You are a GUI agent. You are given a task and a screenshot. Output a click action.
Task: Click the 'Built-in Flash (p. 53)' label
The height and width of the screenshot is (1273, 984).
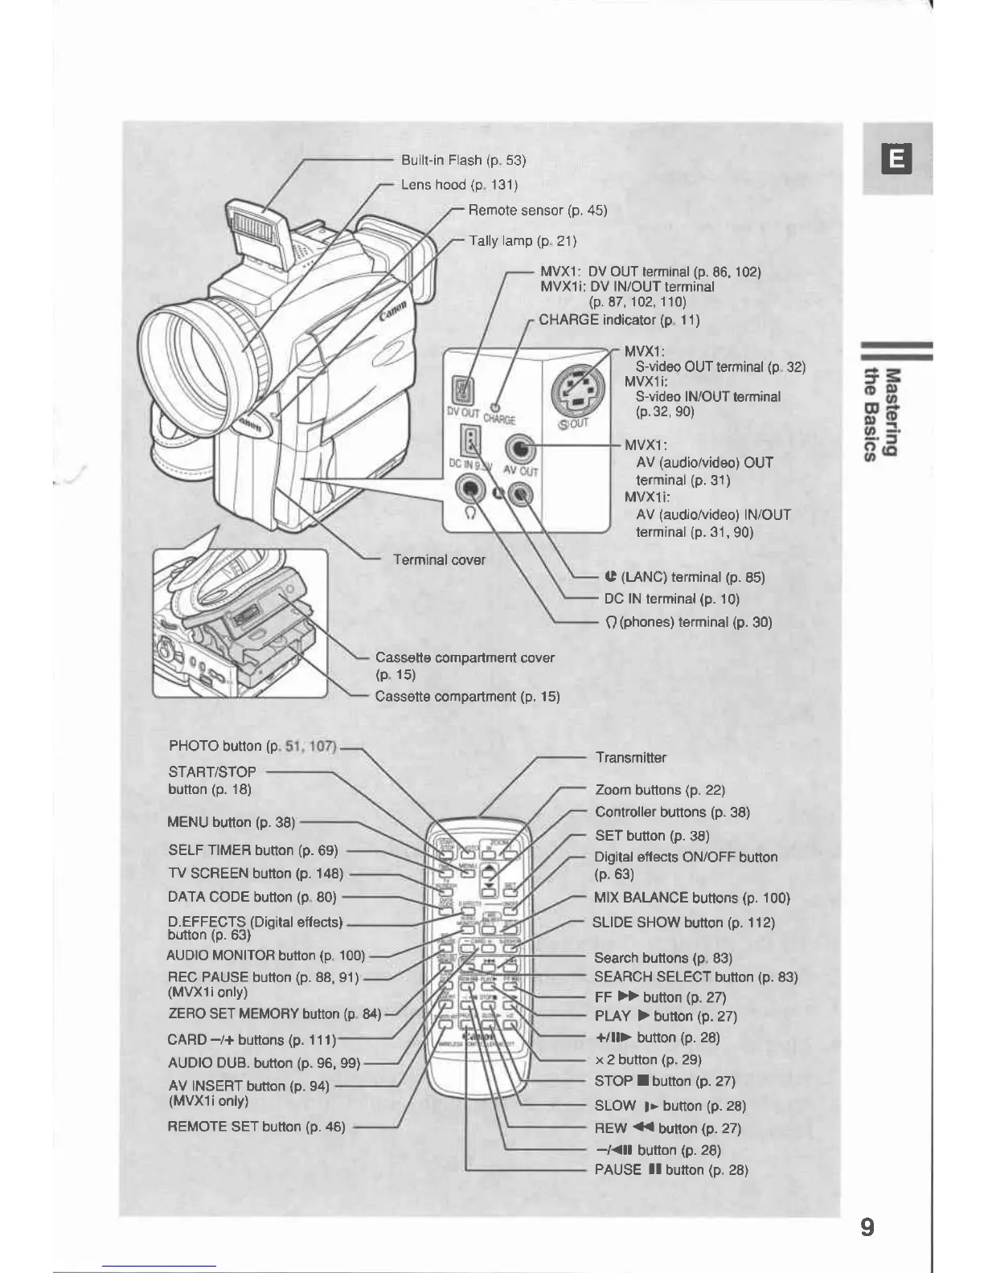(463, 160)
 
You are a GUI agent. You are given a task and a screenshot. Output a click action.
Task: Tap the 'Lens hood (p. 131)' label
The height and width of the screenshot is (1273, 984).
(459, 185)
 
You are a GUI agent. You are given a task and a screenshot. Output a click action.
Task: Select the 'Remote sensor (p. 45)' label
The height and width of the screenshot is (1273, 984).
(537, 211)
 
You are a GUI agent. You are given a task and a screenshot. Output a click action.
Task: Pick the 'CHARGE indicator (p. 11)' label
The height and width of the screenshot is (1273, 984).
(618, 320)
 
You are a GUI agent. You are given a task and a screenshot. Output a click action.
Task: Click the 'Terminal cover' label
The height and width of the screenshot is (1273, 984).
(439, 559)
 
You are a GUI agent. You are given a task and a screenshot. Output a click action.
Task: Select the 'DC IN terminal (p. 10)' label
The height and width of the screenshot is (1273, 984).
(671, 599)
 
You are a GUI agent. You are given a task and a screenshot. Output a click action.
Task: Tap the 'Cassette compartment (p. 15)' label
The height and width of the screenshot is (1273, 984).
(467, 696)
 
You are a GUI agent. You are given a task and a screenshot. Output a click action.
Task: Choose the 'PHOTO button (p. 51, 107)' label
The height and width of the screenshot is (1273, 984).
(252, 746)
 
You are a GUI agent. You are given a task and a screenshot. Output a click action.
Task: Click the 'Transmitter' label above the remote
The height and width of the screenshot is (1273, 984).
(630, 758)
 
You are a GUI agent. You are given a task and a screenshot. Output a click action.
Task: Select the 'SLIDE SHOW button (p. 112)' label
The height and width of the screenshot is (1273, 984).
(683, 923)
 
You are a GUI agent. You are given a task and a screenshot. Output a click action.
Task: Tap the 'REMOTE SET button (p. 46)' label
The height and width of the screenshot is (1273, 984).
(256, 1127)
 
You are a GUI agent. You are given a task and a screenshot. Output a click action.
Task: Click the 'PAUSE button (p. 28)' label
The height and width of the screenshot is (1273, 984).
(671, 1170)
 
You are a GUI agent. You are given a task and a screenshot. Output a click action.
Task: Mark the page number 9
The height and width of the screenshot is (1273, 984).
(867, 1228)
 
